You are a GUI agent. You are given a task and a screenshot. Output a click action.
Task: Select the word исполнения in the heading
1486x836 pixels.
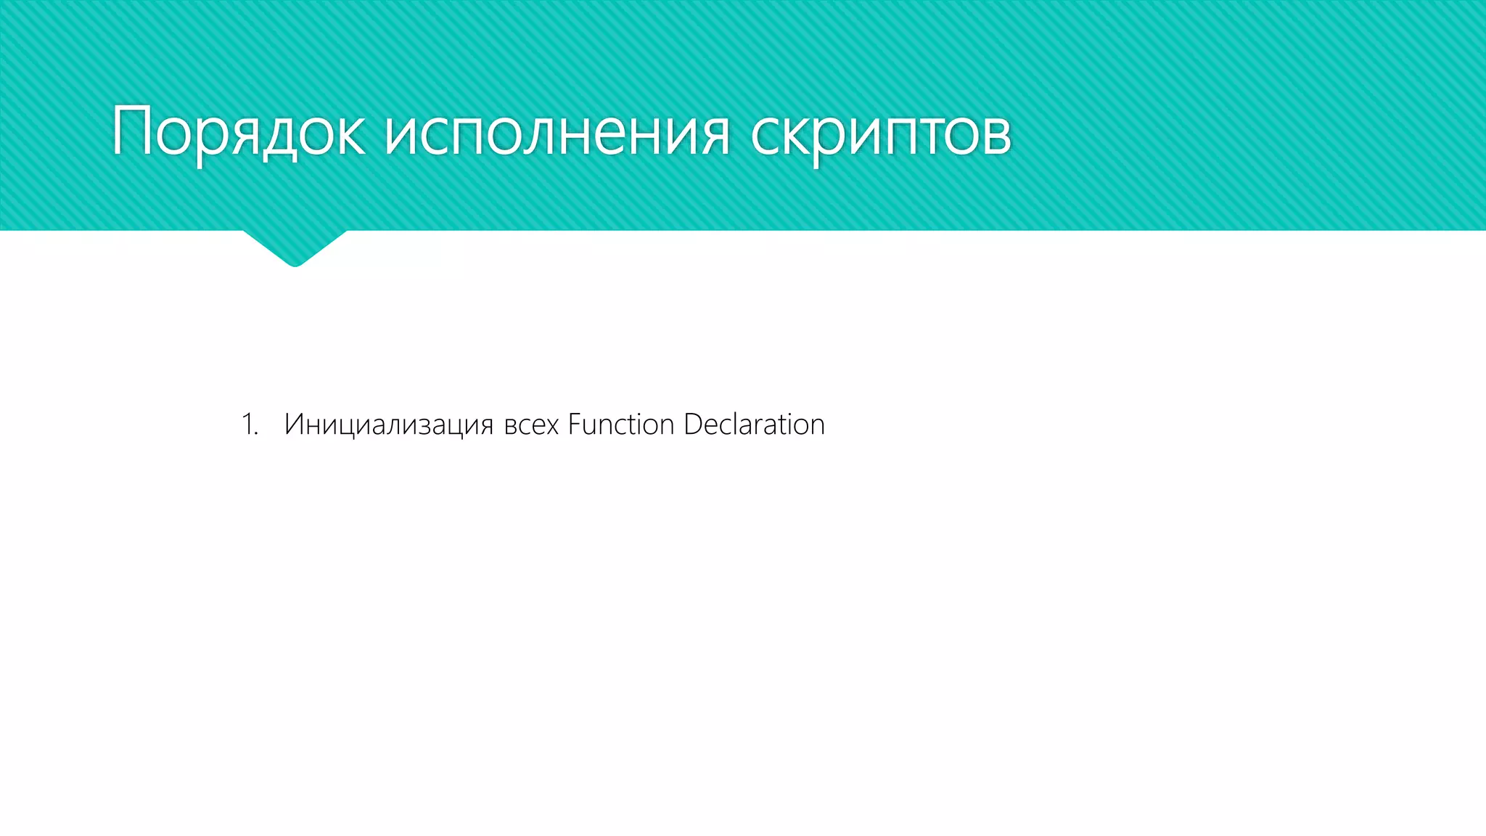coord(557,134)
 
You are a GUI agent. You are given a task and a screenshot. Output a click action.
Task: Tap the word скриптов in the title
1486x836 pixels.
coord(880,134)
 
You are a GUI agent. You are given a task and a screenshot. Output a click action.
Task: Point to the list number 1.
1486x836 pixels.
coord(249,425)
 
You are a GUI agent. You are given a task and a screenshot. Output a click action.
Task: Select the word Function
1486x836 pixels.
coord(620,425)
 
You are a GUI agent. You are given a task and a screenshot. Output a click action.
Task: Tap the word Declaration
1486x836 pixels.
coord(754,425)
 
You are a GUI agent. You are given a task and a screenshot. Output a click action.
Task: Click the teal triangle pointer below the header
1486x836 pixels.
coord(295,247)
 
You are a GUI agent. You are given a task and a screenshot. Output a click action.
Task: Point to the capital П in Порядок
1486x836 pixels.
coord(131,131)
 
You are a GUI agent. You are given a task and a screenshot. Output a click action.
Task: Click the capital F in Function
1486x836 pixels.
coord(574,424)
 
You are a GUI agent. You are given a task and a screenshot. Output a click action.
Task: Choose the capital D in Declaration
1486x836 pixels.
coord(692,424)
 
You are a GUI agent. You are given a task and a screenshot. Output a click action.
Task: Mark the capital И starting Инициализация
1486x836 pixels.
coord(292,424)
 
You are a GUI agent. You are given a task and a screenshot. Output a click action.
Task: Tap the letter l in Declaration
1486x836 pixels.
coord(732,424)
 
